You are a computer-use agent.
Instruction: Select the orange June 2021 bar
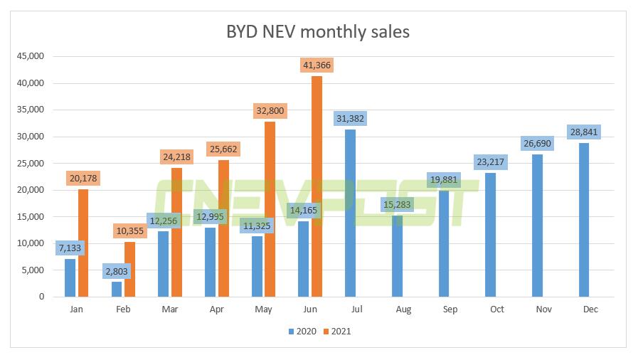[x=317, y=186]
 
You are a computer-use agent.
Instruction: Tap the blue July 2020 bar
[x=350, y=213]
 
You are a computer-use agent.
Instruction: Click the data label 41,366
[x=317, y=65]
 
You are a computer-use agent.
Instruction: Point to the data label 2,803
[x=116, y=271]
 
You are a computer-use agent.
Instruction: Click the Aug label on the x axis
[x=403, y=309]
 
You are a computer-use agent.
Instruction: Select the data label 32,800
[x=270, y=110]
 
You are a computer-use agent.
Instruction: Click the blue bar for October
[x=491, y=234]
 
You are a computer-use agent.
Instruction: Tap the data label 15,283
[x=396, y=205]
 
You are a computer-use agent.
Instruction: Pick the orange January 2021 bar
[x=83, y=243]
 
